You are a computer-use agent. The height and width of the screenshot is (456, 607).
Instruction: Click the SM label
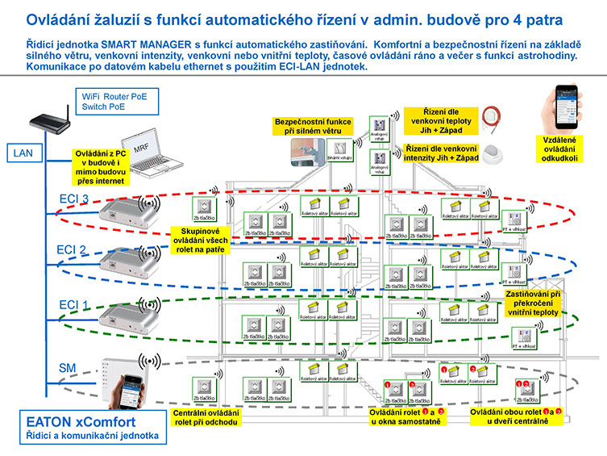click(x=68, y=368)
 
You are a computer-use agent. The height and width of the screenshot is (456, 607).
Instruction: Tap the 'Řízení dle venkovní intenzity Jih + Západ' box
click(x=442, y=153)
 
